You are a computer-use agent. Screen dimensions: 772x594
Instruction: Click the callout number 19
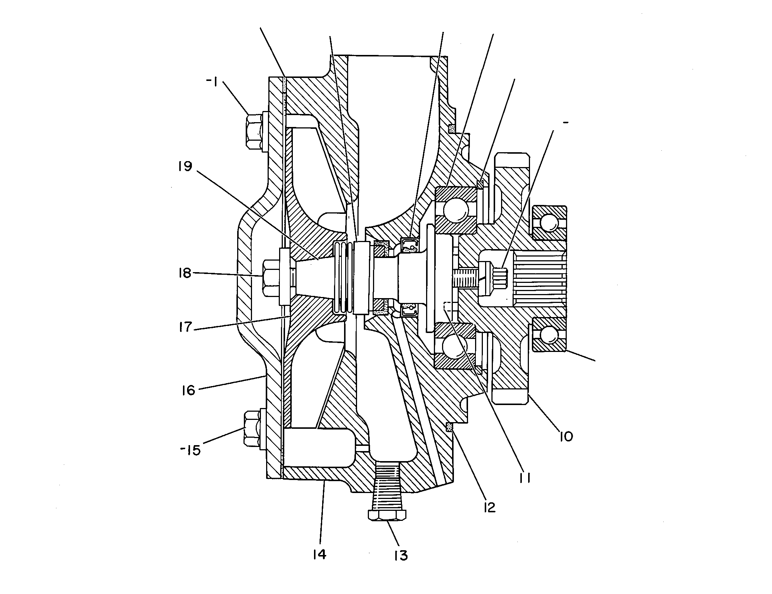pos(185,166)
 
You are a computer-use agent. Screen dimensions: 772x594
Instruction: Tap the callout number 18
pos(184,273)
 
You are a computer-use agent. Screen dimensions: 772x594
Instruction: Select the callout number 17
pos(185,327)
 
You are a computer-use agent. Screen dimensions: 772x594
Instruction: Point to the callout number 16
pos(188,390)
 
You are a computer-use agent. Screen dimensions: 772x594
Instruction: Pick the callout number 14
pos(320,565)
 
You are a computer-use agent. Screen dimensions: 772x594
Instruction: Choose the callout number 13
pos(401,566)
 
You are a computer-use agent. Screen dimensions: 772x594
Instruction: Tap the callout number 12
pos(489,507)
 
